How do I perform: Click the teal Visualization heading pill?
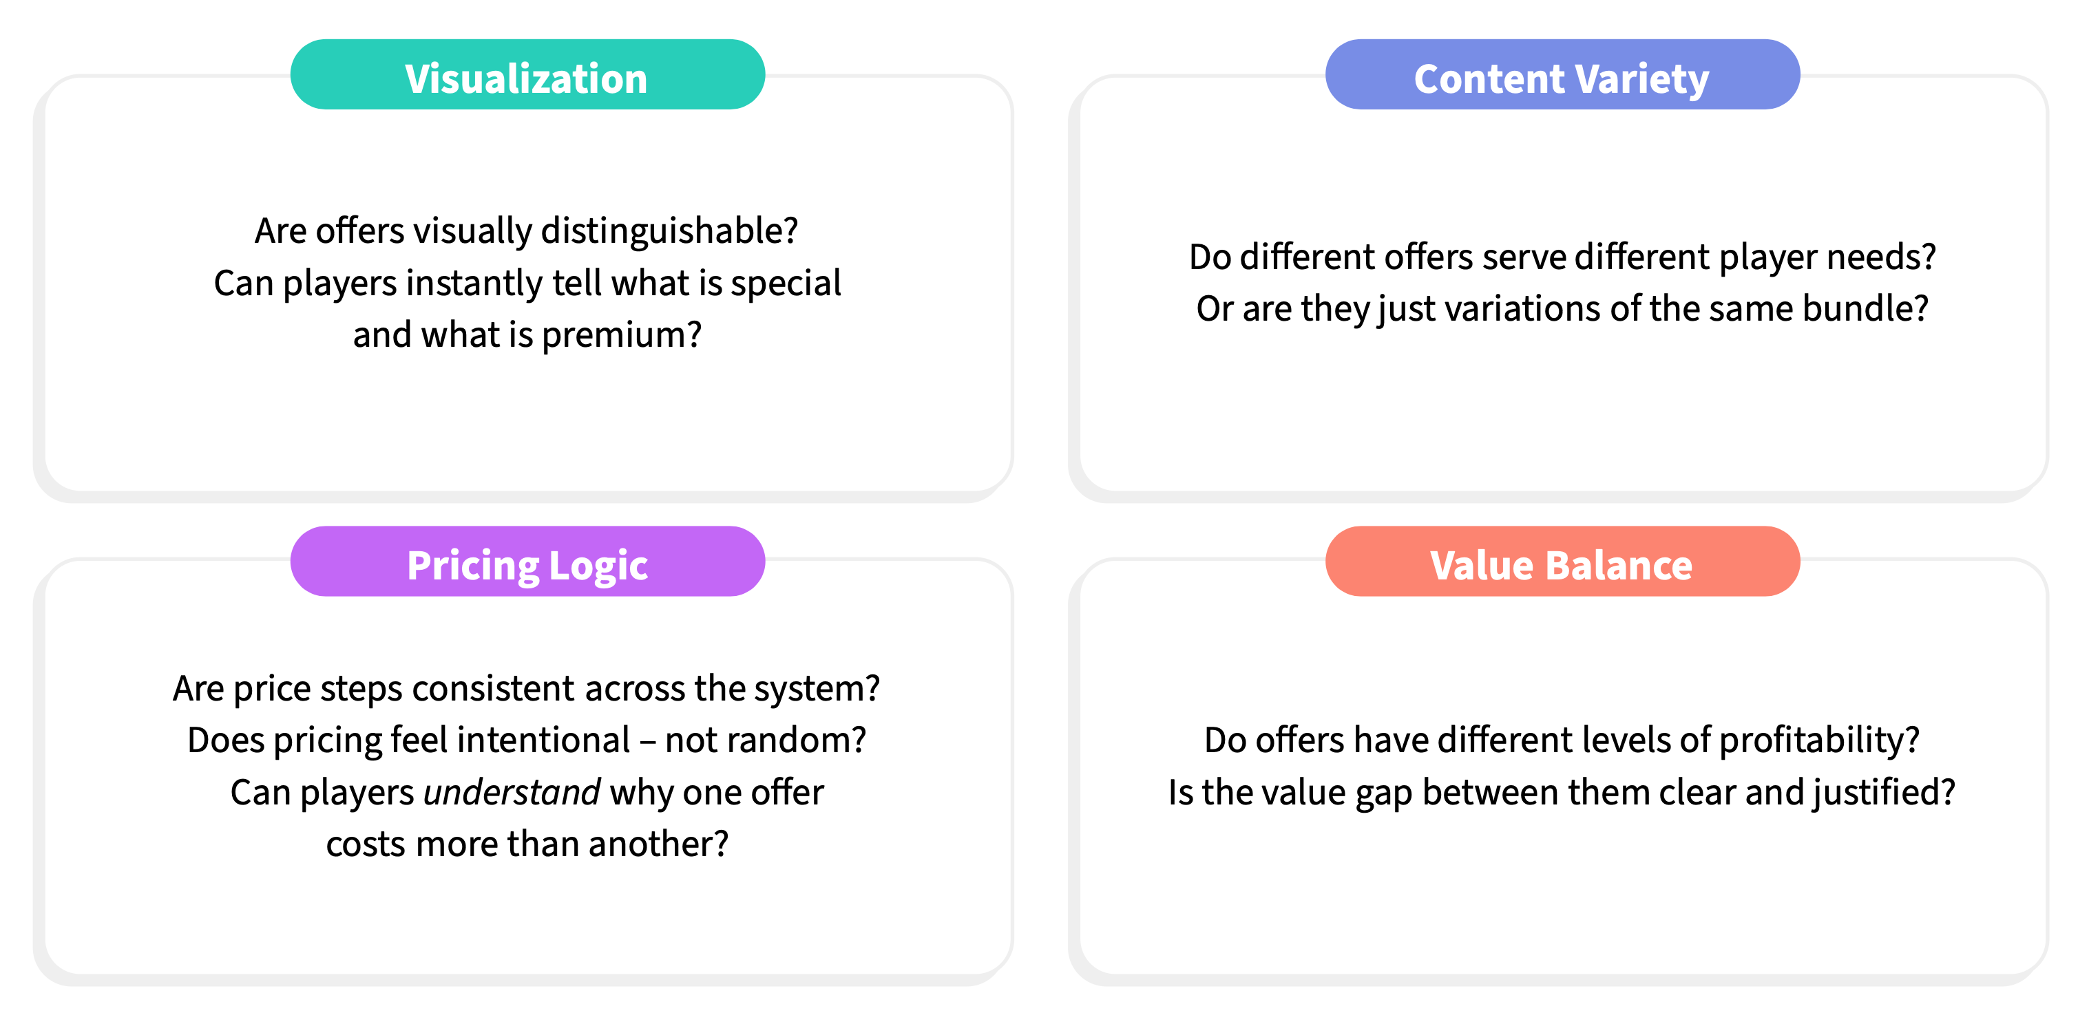[x=527, y=74]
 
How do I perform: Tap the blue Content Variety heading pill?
[x=1562, y=74]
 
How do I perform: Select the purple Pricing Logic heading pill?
[x=527, y=561]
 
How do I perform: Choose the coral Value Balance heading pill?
[x=1562, y=561]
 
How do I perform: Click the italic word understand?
[x=512, y=792]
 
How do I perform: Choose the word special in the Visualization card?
[x=786, y=283]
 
